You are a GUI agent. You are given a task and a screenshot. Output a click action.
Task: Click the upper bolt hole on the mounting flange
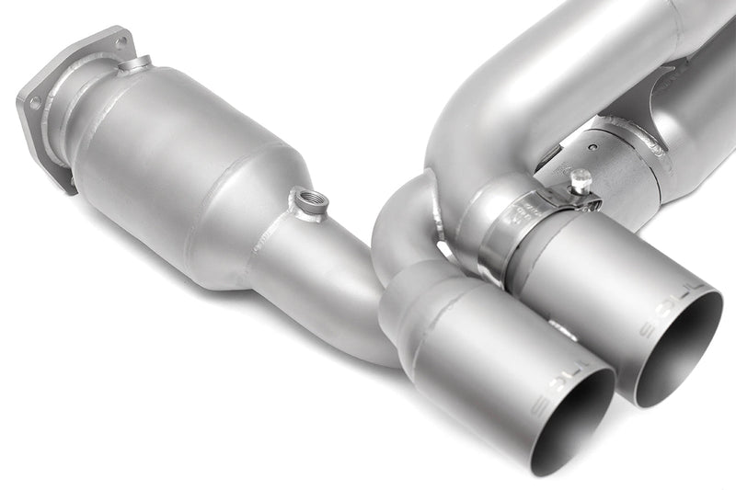click(120, 40)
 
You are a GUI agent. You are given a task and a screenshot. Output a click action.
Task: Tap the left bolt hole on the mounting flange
click(35, 103)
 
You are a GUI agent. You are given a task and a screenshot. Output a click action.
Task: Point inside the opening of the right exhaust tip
click(681, 354)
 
